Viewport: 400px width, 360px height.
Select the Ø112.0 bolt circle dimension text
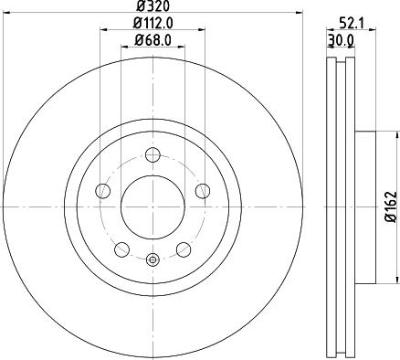(x=151, y=22)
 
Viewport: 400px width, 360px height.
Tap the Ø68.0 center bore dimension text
(x=151, y=38)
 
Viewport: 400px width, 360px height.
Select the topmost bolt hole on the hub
(x=152, y=154)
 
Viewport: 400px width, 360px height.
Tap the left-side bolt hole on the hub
(x=103, y=190)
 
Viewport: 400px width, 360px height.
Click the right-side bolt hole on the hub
(x=200, y=190)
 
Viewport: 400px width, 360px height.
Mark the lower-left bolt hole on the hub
(x=121, y=248)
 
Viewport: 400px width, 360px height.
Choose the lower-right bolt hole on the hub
(x=182, y=248)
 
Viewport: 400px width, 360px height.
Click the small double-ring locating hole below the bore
(x=152, y=259)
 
